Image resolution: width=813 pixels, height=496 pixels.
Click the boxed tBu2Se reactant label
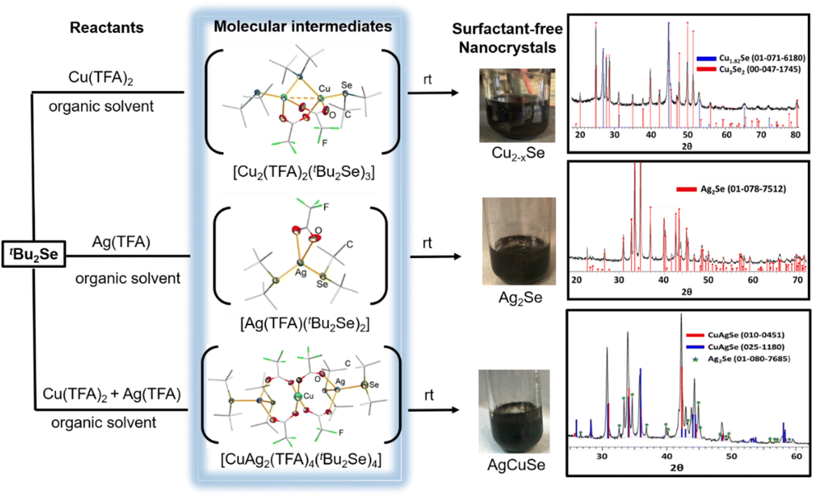[34, 254]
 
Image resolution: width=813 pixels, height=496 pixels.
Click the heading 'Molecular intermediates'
[303, 26]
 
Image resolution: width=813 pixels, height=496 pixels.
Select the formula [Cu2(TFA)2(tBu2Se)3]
[304, 172]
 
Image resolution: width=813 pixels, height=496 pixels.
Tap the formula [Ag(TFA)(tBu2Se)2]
[304, 324]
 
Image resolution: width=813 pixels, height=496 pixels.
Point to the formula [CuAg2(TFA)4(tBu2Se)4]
[301, 459]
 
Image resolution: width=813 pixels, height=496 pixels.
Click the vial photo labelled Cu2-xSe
[517, 106]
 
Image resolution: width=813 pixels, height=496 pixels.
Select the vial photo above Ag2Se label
[519, 241]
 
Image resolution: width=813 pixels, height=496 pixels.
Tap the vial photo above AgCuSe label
[514, 411]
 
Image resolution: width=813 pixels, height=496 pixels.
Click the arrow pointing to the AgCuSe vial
[434, 410]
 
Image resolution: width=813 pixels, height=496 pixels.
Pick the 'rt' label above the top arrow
[427, 79]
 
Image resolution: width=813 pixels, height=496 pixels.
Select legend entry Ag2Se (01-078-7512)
[743, 189]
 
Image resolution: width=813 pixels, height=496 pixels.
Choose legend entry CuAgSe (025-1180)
[745, 347]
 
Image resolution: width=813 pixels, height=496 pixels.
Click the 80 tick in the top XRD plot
[796, 135]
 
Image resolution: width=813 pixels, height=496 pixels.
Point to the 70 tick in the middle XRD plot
[798, 280]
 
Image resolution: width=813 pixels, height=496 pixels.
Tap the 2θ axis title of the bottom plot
[676, 468]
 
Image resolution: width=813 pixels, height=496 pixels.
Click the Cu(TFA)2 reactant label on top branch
[101, 78]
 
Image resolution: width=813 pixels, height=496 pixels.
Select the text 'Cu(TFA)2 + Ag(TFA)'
[111, 394]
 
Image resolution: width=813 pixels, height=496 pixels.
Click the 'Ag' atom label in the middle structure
[301, 272]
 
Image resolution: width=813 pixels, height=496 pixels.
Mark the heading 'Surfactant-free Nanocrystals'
[506, 38]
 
